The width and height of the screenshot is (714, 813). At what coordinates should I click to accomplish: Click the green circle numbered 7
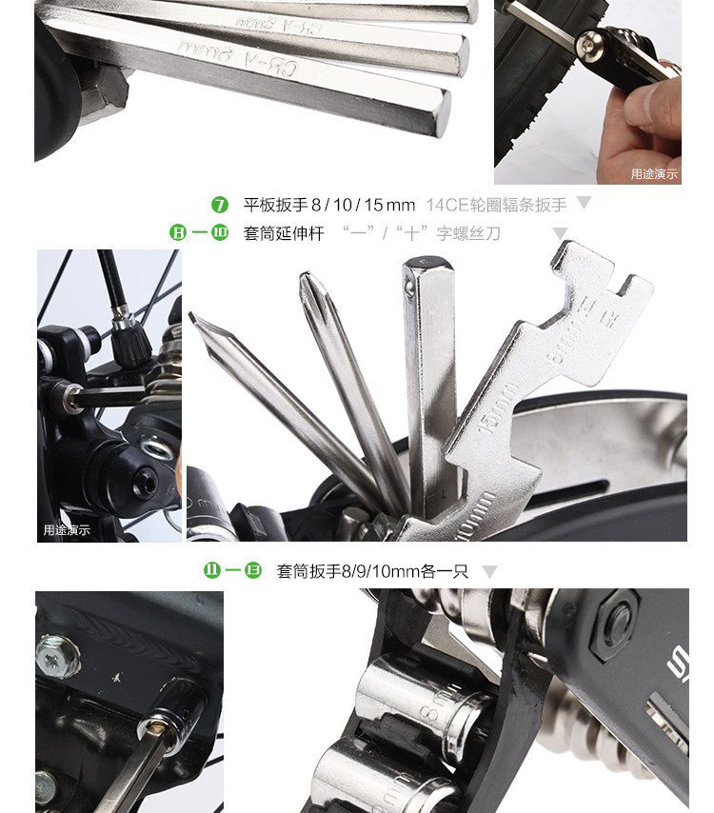220,205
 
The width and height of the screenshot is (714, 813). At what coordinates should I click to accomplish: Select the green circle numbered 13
252,571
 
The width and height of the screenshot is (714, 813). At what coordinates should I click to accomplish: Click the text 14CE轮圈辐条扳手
496,205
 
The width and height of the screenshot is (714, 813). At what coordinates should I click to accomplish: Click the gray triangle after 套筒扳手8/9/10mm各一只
489,572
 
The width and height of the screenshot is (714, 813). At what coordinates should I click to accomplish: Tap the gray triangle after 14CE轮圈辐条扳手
584,203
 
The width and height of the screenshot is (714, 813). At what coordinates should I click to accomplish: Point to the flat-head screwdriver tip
196,321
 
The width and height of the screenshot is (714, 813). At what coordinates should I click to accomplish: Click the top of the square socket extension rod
418,264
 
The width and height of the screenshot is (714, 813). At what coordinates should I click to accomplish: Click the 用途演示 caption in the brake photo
67,530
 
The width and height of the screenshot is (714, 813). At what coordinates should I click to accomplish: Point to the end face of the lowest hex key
441,111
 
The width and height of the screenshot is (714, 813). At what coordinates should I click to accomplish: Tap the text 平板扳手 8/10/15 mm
329,205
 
